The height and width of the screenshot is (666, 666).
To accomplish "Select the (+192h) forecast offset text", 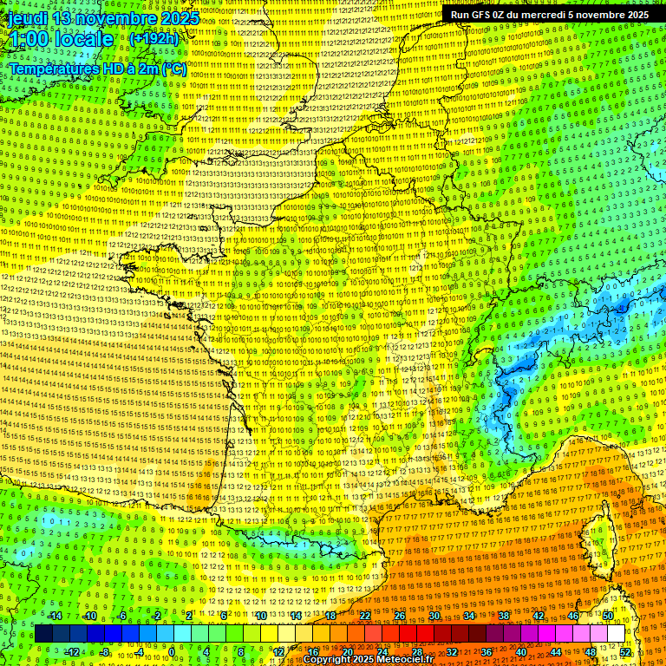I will point(153,39).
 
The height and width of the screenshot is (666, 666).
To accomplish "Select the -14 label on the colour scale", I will point(54,616).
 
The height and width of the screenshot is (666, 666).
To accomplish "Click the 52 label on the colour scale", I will point(625,652).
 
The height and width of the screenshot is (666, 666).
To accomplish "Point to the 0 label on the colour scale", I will point(173,652).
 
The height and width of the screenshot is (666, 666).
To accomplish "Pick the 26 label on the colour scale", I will point(400,616).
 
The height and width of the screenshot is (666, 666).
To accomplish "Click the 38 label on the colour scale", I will point(504,616).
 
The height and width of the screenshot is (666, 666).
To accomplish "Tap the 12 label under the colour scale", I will point(278,652).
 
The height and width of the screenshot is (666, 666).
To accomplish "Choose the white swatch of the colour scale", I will point(616,634).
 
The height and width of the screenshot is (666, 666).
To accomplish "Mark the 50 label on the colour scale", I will point(608,616).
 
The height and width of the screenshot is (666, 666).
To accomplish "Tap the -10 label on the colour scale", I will point(88,616).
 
